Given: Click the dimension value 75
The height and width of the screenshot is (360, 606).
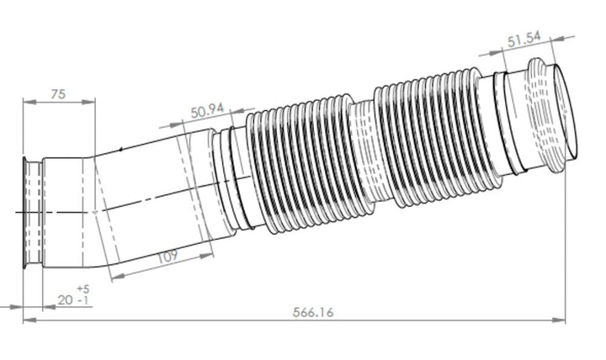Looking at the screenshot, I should pos(58,94).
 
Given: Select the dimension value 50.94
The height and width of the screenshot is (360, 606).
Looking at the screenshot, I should pos(207,111).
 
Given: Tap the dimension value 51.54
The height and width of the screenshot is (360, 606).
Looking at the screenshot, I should pos(524,40).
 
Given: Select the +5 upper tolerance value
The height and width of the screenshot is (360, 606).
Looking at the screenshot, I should pos(82,289).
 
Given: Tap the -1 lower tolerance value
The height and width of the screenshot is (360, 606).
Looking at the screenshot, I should pos(83,300).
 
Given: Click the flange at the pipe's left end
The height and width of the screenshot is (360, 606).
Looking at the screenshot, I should pos(33,213).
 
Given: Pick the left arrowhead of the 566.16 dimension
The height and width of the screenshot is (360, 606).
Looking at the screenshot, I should pos(27,320).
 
